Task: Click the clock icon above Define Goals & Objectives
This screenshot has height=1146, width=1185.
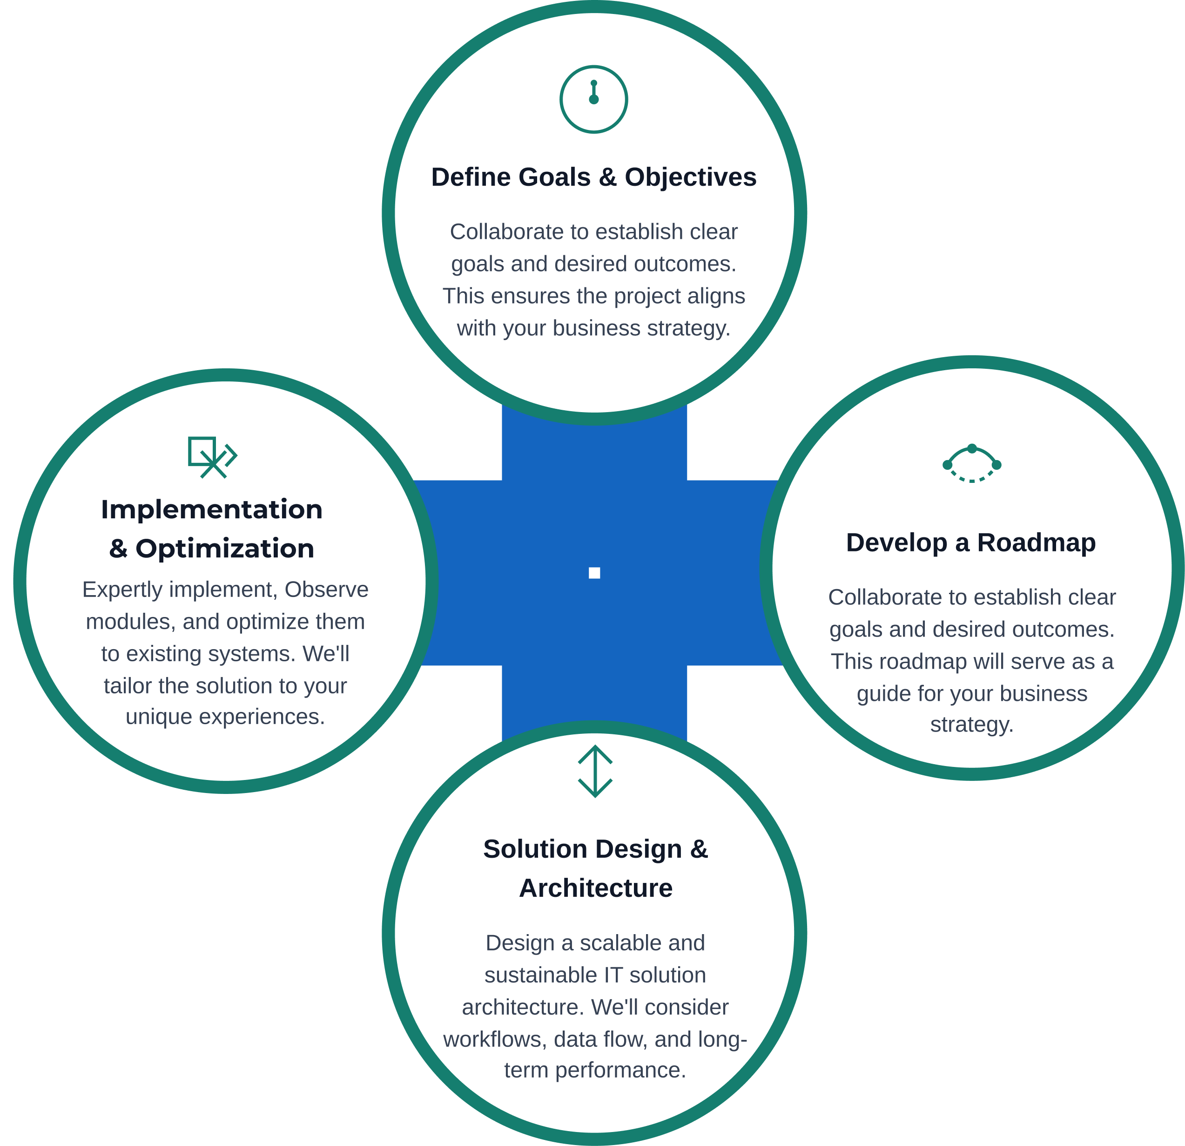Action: tap(594, 99)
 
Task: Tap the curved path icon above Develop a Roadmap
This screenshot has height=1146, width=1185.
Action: tap(971, 464)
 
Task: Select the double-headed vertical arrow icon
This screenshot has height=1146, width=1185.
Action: tap(595, 771)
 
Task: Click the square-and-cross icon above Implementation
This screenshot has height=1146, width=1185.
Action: tap(212, 457)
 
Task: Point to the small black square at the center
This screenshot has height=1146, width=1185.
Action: tap(594, 573)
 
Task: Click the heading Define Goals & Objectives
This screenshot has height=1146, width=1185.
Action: tap(594, 177)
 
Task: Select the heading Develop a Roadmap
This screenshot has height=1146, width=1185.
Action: tap(971, 542)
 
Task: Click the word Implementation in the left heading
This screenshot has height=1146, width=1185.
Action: tap(212, 510)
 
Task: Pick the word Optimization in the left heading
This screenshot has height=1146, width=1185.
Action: tap(225, 549)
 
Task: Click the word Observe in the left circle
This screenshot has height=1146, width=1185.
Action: tap(326, 590)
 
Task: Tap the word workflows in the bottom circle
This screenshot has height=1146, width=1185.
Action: tap(495, 1039)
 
